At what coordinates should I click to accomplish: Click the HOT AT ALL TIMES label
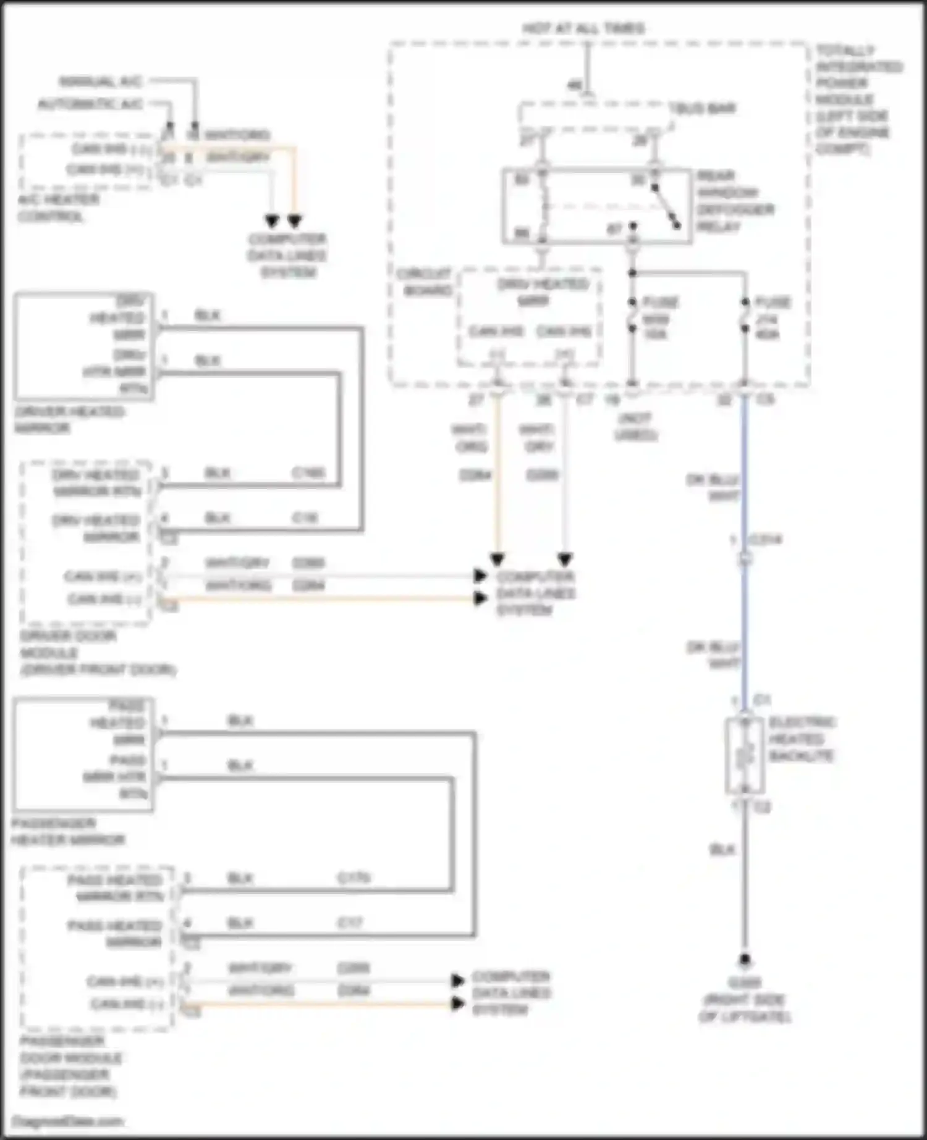click(583, 28)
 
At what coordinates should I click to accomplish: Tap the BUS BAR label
click(703, 109)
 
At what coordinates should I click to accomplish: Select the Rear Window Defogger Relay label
click(735, 201)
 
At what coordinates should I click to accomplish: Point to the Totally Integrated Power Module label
click(858, 99)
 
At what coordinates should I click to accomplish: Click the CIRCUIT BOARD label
click(425, 282)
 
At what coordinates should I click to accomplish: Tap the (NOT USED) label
click(635, 427)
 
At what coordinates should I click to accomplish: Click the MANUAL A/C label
click(101, 82)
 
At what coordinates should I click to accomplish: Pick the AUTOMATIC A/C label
click(90, 104)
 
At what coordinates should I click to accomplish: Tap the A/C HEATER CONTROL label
click(58, 207)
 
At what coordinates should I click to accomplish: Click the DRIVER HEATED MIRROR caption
click(69, 419)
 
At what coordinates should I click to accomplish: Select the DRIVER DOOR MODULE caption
click(98, 653)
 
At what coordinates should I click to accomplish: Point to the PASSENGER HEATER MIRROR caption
click(68, 831)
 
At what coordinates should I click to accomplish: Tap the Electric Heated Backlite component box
click(745, 755)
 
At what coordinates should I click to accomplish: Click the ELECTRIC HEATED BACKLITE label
click(802, 739)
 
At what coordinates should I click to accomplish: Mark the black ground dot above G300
click(745, 960)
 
